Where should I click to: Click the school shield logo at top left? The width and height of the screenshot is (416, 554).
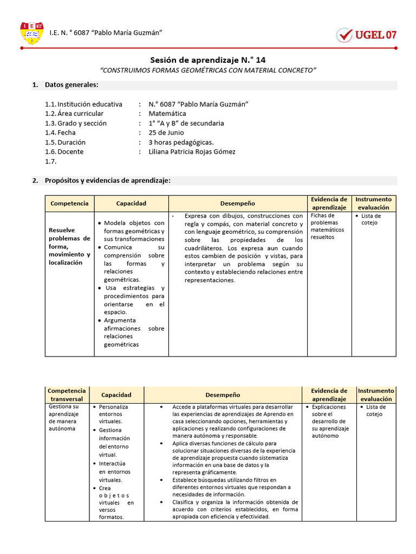coord(31,34)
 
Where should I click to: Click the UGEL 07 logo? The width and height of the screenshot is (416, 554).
coord(367,35)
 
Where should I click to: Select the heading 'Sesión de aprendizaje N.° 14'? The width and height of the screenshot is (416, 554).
coord(207,61)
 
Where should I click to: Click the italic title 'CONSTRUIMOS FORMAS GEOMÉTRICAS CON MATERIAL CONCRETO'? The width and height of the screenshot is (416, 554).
coord(208,70)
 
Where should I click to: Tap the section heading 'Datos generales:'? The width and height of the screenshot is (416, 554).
coord(71,85)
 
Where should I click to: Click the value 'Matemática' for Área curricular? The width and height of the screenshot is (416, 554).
coord(167,114)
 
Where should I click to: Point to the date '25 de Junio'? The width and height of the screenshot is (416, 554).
coord(166,133)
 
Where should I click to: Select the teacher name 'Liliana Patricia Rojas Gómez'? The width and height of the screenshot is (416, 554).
coord(192,151)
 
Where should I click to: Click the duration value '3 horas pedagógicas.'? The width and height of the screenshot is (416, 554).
coord(181,142)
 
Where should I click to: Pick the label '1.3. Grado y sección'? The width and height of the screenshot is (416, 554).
coord(76,123)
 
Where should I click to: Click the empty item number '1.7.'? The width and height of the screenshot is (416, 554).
coord(51,161)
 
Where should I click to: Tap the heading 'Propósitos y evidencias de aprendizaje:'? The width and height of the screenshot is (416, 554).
coord(107,181)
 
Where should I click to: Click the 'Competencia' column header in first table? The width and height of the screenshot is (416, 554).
coord(69,203)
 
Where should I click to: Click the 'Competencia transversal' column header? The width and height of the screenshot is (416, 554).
coord(67,395)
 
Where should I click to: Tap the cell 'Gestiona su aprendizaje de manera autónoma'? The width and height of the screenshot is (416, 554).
coord(64,417)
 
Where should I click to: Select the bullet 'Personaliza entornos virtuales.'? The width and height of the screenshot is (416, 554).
coord(114,414)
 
